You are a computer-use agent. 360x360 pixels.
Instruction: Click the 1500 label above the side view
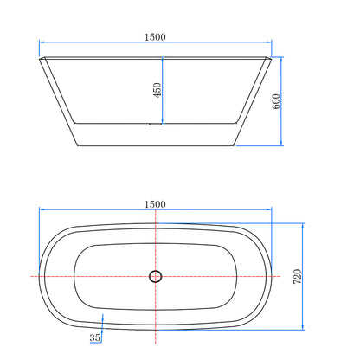[x=156, y=37]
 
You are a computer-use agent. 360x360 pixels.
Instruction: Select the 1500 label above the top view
[x=156, y=204]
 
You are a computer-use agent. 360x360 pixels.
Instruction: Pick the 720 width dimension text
[x=298, y=277]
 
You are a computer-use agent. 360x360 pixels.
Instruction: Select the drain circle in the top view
[x=156, y=276]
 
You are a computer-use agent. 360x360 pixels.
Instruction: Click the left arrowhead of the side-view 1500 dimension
[x=42, y=44]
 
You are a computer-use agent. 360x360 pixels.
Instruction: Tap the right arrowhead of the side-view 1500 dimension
[x=270, y=44]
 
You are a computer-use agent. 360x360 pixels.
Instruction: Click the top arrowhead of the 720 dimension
[x=303, y=224]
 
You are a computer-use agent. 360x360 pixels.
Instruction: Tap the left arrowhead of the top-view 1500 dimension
[x=41, y=211]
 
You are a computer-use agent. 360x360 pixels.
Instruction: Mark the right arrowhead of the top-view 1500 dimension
[x=271, y=211]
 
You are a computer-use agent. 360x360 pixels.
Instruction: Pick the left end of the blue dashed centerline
[x=31, y=276]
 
